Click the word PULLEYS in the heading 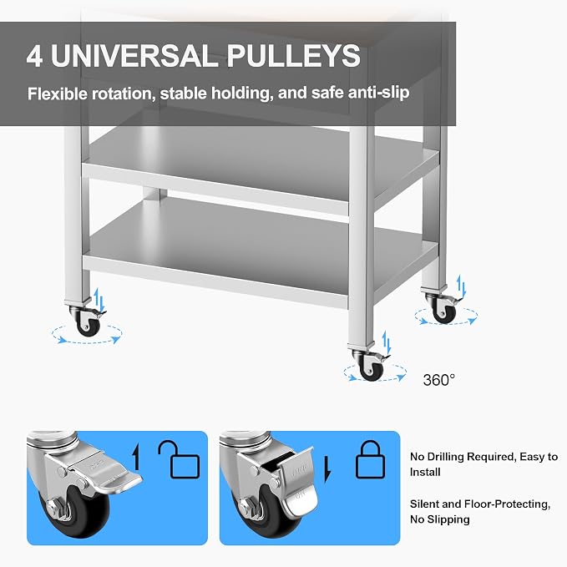click(293, 55)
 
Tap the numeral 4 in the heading click(35, 55)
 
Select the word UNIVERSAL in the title click(134, 55)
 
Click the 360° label click(439, 380)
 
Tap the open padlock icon click(179, 459)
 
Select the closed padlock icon click(371, 459)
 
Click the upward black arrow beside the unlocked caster click(135, 457)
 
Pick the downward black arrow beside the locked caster click(327, 469)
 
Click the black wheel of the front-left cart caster click(88, 327)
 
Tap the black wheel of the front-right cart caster click(372, 371)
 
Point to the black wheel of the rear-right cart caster click(444, 313)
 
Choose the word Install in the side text click(425, 472)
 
